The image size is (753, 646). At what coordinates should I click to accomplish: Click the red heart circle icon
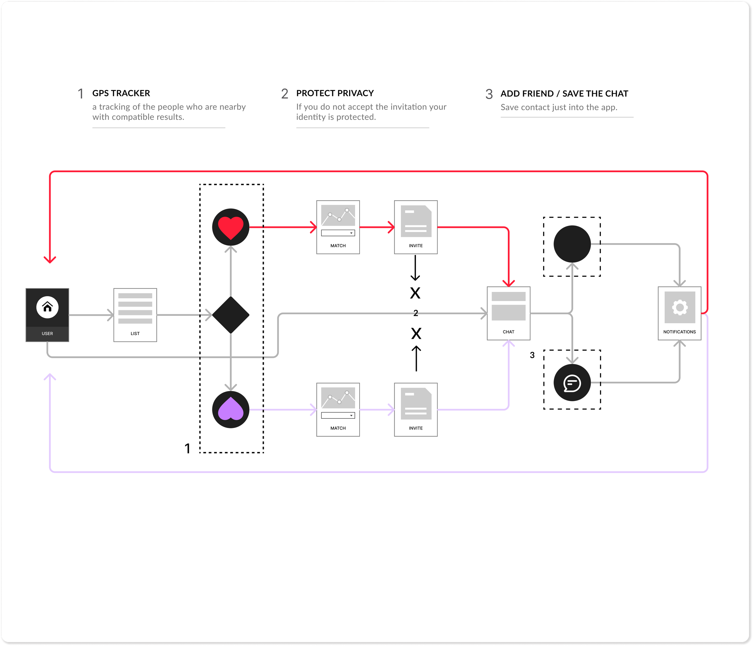point(230,227)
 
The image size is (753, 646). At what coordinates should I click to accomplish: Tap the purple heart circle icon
point(230,410)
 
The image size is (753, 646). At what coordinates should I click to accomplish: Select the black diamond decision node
point(230,315)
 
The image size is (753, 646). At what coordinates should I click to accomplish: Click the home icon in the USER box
point(47,307)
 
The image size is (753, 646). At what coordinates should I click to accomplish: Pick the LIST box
point(135,315)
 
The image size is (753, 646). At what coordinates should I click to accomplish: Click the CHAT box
point(508,313)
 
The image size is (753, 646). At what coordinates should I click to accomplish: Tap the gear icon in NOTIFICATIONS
point(680,307)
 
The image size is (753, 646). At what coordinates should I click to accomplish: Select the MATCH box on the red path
point(338,227)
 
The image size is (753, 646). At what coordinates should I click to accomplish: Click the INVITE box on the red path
point(415,227)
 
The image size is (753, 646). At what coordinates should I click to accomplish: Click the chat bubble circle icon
point(572,383)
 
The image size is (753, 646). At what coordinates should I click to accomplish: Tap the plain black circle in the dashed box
point(572,244)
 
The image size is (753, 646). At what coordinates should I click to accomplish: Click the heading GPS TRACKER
point(121,93)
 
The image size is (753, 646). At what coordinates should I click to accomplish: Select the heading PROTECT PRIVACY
point(335,93)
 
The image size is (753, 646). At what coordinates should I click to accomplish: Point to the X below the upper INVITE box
point(415,293)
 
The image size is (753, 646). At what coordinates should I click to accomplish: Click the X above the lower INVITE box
point(416,333)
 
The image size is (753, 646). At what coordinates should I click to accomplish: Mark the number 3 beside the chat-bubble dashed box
point(532,355)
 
